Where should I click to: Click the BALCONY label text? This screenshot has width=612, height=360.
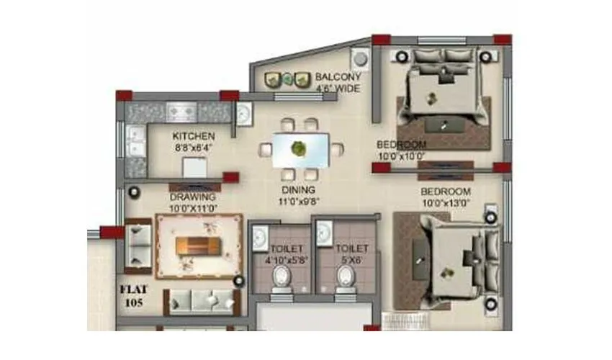click(338, 77)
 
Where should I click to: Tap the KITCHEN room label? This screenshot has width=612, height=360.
click(193, 135)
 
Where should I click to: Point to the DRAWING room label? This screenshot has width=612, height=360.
click(192, 197)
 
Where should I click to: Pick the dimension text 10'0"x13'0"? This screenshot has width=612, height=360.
click(446, 203)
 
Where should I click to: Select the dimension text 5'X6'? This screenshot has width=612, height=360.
click(351, 260)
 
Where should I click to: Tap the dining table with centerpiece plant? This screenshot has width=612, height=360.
click(297, 148)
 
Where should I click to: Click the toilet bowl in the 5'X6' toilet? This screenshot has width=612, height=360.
click(347, 278)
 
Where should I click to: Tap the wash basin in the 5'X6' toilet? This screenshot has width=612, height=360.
click(324, 232)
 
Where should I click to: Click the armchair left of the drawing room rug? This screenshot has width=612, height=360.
click(138, 245)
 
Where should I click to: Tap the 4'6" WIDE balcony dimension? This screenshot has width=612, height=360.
click(338, 89)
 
